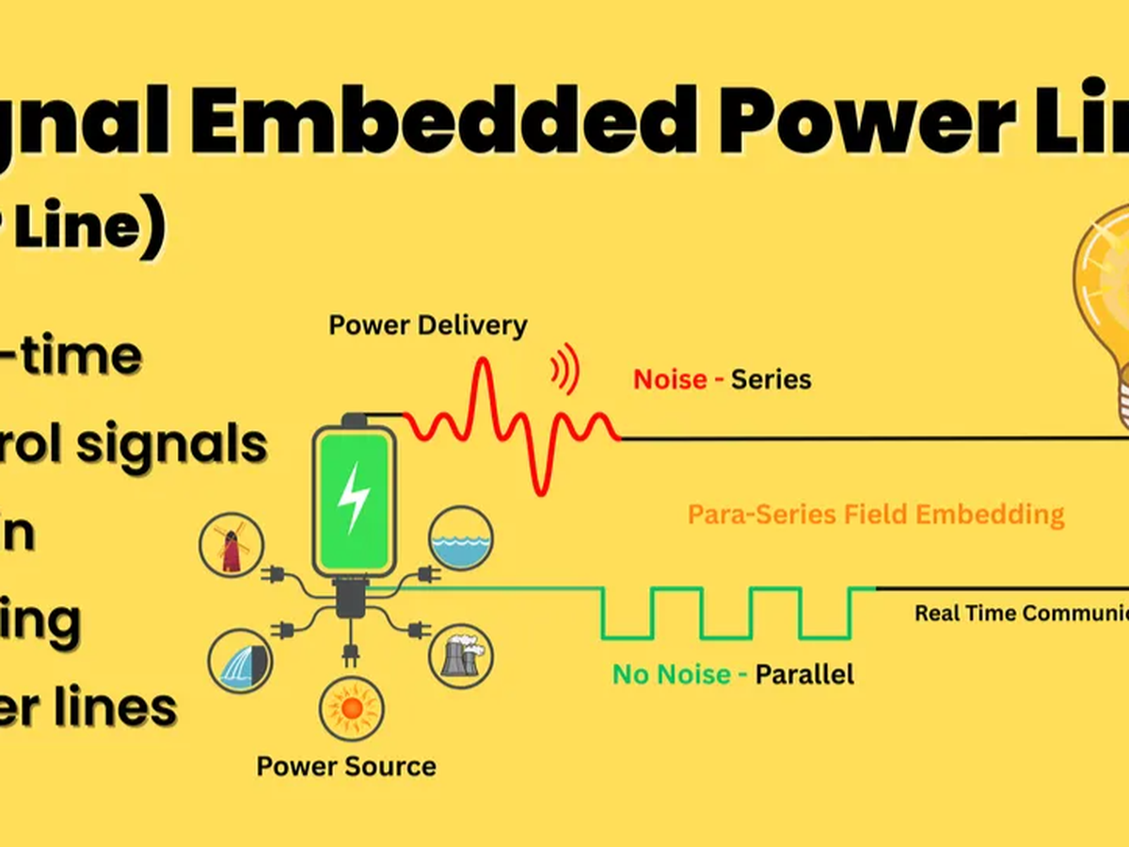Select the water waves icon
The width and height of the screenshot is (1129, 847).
click(459, 538)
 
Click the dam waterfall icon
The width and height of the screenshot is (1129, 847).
click(240, 660)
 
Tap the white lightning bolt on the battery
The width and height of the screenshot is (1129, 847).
click(354, 497)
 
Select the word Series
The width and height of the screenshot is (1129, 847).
click(771, 379)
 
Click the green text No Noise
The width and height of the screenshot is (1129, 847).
click(672, 674)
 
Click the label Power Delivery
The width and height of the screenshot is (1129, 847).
click(428, 327)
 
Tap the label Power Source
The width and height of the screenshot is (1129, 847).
click(346, 766)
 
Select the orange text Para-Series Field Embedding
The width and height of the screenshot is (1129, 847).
click(876, 515)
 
